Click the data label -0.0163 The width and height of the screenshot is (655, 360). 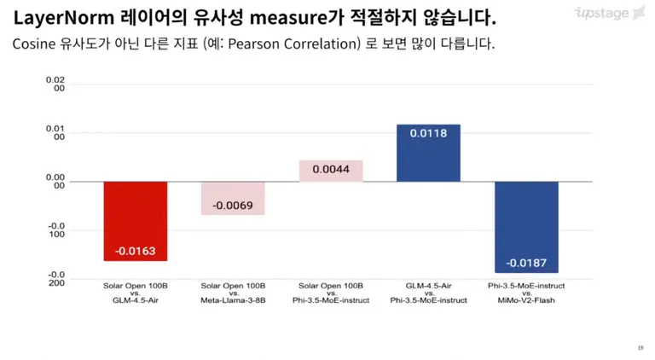pos(135,251)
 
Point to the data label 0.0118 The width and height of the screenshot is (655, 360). pos(428,134)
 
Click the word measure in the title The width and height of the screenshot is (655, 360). pos(287,17)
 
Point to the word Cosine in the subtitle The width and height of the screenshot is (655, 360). pos(35,43)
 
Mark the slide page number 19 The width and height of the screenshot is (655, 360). pos(641,347)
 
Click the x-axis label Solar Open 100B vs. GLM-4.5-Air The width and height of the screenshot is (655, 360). pos(135,293)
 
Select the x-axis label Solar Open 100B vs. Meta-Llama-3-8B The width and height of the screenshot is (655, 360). pos(233,293)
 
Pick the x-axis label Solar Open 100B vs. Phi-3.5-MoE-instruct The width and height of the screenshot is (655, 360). pos(330,293)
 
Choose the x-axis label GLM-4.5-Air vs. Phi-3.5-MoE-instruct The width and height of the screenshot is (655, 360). pos(428,293)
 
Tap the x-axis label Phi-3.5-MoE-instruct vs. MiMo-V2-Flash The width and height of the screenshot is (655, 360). pos(526,293)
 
